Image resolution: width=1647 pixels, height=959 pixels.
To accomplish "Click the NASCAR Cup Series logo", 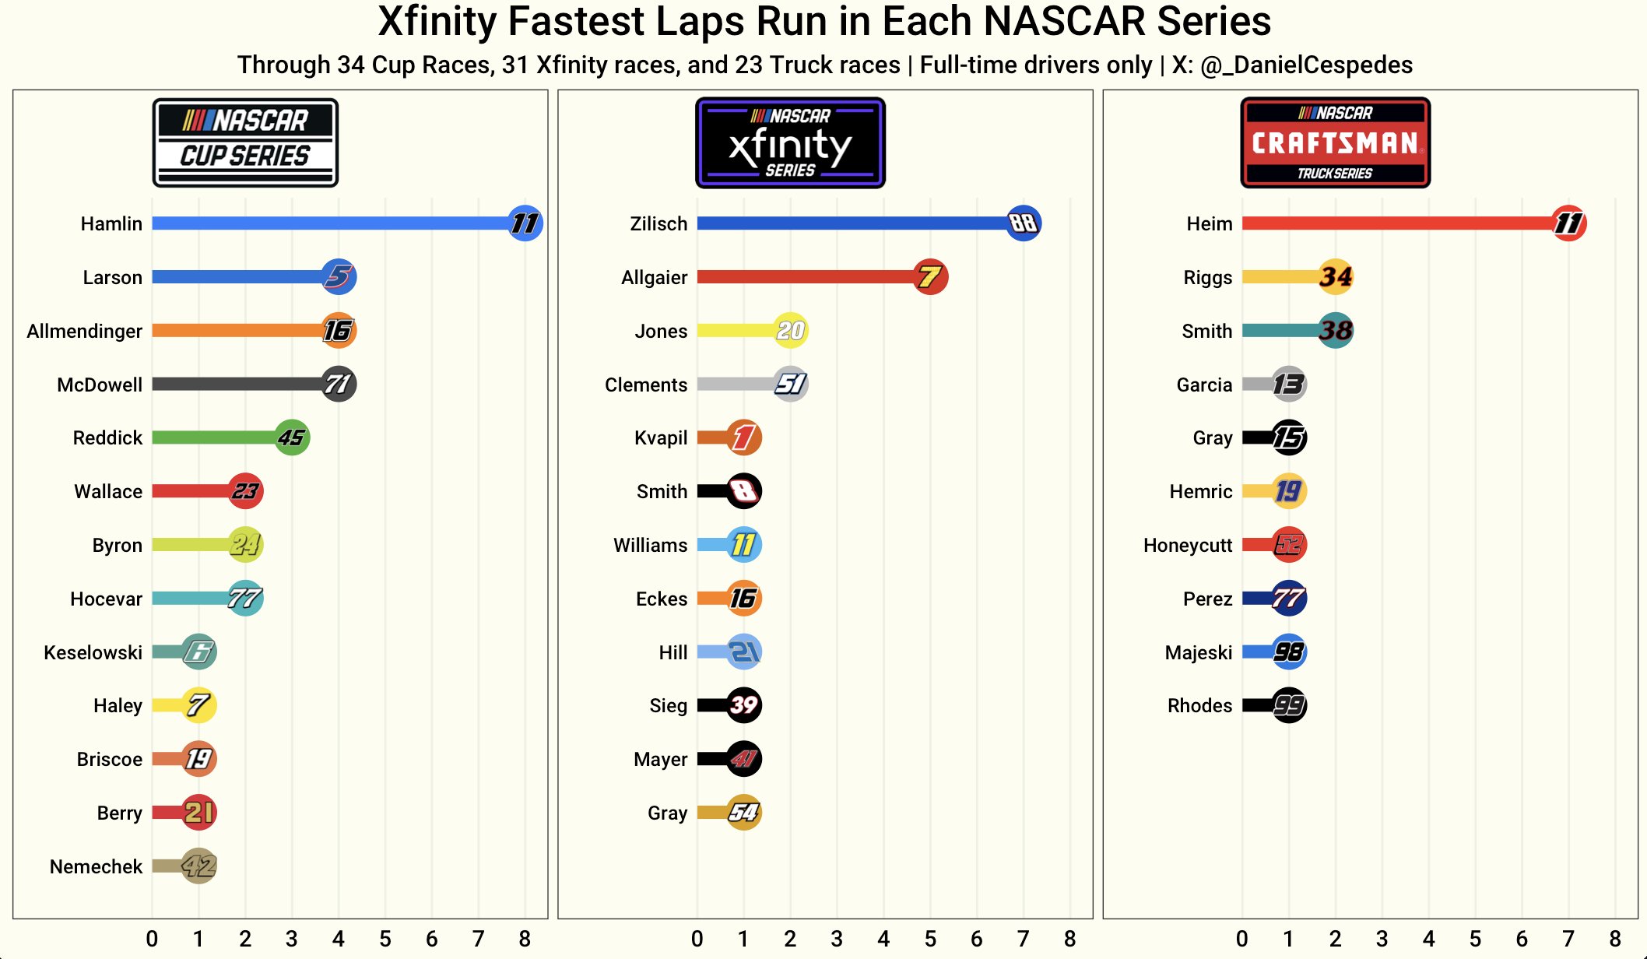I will [245, 142].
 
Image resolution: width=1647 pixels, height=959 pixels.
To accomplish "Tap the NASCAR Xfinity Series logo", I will [790, 142].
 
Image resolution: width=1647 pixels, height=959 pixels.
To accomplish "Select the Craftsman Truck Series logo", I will [1335, 142].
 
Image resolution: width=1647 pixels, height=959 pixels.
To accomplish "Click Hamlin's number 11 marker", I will [525, 223].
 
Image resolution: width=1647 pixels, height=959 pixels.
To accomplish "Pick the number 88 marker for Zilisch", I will [1023, 223].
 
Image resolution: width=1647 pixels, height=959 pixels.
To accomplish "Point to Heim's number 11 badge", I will [1568, 223].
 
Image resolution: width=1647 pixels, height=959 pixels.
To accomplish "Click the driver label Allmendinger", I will [84, 331].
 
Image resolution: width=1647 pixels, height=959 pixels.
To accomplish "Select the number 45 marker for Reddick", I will [292, 437].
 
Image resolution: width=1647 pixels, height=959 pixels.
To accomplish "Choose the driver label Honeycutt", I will [1188, 545].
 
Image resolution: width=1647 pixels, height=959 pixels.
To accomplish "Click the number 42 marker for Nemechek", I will [198, 866].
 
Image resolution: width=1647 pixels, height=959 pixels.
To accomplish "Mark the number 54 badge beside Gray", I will [743, 813].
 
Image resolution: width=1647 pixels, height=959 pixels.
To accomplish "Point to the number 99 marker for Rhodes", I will [1289, 705].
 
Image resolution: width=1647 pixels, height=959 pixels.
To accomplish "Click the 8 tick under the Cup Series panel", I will [525, 939].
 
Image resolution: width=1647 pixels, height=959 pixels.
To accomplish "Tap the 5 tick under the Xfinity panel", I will [930, 939].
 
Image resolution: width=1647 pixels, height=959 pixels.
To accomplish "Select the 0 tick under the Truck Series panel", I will [1242, 939].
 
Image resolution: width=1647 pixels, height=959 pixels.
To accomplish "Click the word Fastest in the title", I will [577, 21].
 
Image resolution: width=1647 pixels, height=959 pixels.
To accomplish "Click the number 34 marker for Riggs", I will [1336, 277].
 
